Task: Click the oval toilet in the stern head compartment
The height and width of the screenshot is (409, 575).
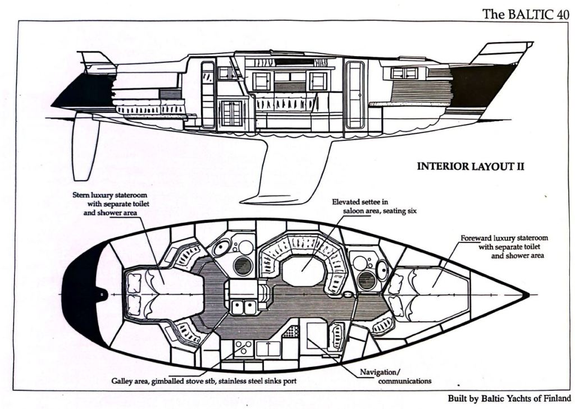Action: click(221, 247)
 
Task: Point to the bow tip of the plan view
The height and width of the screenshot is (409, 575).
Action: click(527, 294)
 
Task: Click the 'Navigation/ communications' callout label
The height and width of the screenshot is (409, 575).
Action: click(396, 376)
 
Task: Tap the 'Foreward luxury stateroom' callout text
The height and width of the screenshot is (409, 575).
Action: click(504, 246)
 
